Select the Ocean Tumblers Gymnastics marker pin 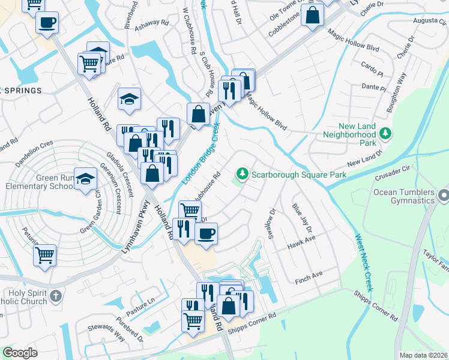444,195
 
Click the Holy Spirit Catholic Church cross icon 56,295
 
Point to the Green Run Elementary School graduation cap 87,179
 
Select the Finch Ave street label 309,276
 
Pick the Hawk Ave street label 301,242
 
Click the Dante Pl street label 375,88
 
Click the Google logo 20,353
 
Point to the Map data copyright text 424,355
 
